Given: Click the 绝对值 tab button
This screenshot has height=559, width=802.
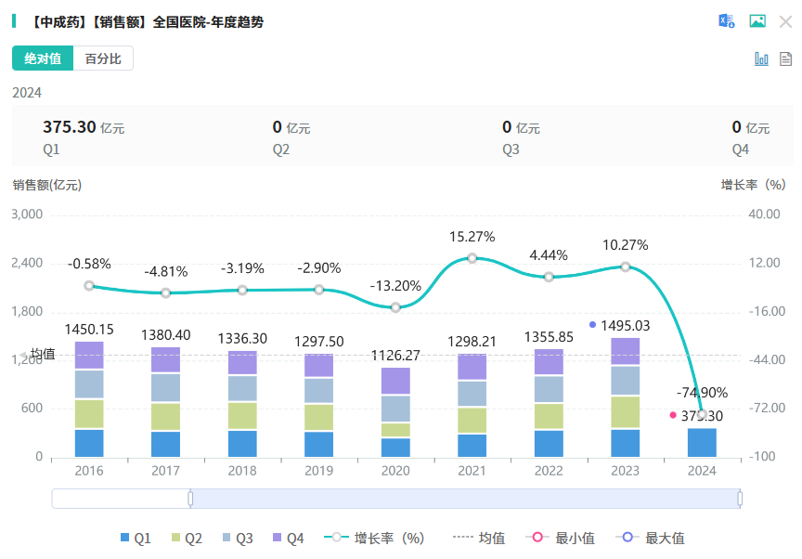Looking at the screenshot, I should [x=43, y=58].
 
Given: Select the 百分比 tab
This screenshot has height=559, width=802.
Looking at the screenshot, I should [x=103, y=58].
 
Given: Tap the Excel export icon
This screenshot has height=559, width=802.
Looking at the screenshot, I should [x=726, y=21].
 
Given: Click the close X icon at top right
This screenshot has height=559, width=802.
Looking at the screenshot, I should [x=785, y=21].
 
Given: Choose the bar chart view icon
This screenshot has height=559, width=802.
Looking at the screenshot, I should [x=761, y=58].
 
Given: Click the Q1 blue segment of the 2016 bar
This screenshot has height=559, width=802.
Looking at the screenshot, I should [x=89, y=443].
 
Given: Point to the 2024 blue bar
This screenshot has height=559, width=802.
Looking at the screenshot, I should [x=702, y=442].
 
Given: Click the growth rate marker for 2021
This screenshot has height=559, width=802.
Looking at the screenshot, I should [x=472, y=258].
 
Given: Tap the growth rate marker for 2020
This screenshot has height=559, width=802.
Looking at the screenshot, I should [x=395, y=307].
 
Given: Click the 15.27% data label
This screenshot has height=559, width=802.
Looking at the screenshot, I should [x=472, y=237].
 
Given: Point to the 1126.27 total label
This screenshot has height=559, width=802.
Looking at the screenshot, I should [x=395, y=355].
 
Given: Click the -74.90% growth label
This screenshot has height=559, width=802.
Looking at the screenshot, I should [x=702, y=392].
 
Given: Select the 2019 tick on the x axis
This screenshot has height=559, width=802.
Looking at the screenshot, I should [x=319, y=471].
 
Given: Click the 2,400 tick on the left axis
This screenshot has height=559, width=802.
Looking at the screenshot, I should [x=27, y=263].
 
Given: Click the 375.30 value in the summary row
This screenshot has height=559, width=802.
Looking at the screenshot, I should [x=70, y=127].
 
